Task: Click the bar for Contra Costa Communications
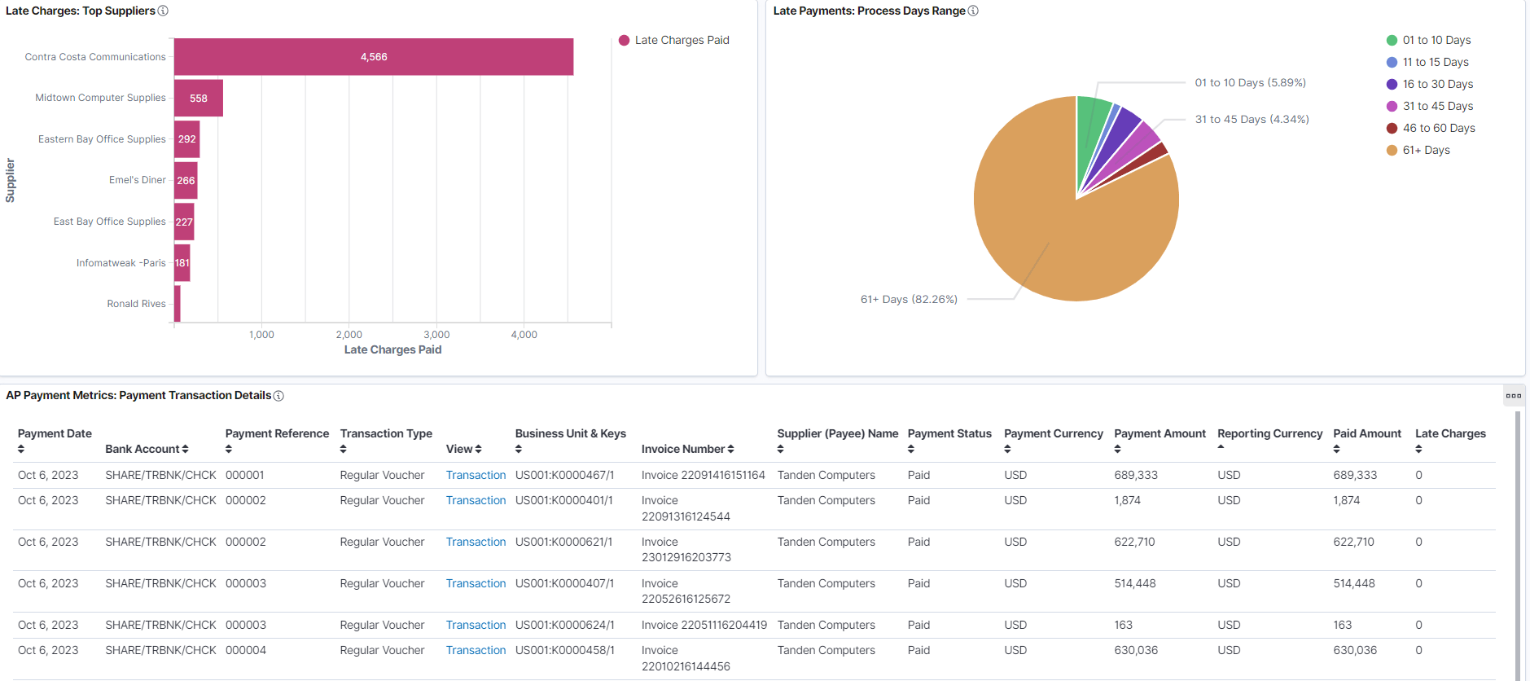[373, 57]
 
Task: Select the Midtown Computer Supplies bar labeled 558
[198, 98]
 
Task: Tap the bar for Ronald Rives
[177, 304]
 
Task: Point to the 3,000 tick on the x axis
[436, 334]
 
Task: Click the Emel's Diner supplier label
[137, 180]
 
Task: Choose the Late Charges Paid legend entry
[681, 40]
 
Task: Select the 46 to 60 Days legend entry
[1438, 128]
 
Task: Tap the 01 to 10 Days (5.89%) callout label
[1250, 82]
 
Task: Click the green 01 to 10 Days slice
[1091, 130]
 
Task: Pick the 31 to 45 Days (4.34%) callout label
[1252, 119]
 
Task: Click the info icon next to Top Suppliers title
[163, 11]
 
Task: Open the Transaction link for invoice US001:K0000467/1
[476, 475]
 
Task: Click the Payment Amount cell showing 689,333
[1135, 475]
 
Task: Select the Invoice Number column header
[686, 449]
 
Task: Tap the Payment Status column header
[949, 434]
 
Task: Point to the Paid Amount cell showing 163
[1342, 625]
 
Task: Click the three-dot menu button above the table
[1513, 395]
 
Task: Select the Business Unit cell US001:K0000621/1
[563, 542]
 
